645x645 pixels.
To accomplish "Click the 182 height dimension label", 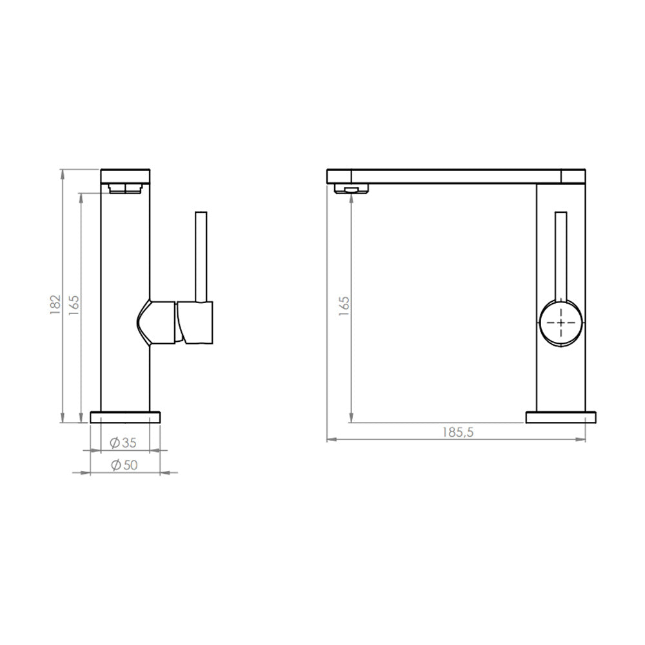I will coord(55,303).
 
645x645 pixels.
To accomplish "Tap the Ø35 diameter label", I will coord(123,442).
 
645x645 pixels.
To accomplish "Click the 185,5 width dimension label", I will coord(458,433).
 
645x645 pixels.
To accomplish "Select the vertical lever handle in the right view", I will coord(561,255).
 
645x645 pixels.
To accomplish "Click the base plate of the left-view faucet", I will coord(125,417).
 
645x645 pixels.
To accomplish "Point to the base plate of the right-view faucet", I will coord(561,417).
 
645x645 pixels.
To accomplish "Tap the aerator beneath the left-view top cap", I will coord(125,188).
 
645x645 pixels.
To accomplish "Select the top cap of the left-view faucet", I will coord(126,175).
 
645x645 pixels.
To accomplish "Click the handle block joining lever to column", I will coord(197,322).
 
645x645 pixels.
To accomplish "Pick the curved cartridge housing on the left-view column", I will coord(156,321).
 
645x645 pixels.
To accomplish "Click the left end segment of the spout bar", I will coord(339,175).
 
